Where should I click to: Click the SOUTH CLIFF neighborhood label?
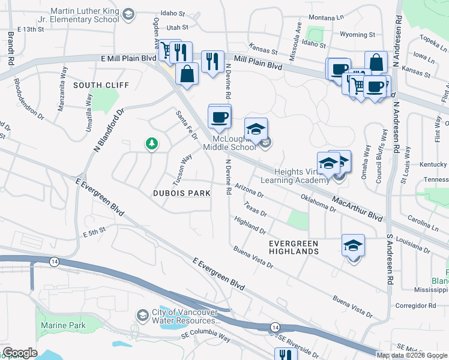[x=101, y=85]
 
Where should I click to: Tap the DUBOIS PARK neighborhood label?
[x=181, y=193]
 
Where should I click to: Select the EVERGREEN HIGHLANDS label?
[x=294, y=247]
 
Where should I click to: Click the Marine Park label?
[x=63, y=326]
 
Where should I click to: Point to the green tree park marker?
[x=152, y=143]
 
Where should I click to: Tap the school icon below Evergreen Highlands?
[x=353, y=245]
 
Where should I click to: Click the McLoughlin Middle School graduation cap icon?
[x=256, y=129]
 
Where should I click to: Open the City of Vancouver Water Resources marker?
[x=142, y=315]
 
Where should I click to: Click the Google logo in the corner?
[x=20, y=353]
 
